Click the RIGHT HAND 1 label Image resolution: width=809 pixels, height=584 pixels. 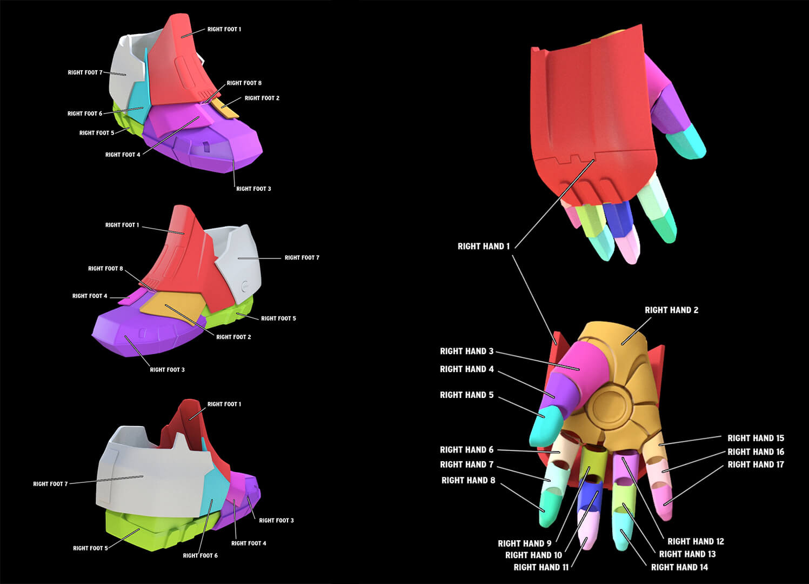[484, 247]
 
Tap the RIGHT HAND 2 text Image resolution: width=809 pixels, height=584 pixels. [671, 310]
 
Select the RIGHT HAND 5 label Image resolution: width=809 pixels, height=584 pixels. [466, 395]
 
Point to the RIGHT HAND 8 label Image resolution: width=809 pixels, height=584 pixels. [468, 481]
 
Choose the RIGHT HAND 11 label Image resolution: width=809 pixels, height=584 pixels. [541, 568]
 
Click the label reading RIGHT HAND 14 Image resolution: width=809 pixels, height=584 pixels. [679, 568]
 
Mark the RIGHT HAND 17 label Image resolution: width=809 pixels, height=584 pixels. [755, 465]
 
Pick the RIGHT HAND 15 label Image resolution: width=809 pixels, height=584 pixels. [755, 439]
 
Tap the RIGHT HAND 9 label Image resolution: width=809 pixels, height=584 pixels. [525, 544]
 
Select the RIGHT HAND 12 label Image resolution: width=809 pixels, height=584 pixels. [696, 542]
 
